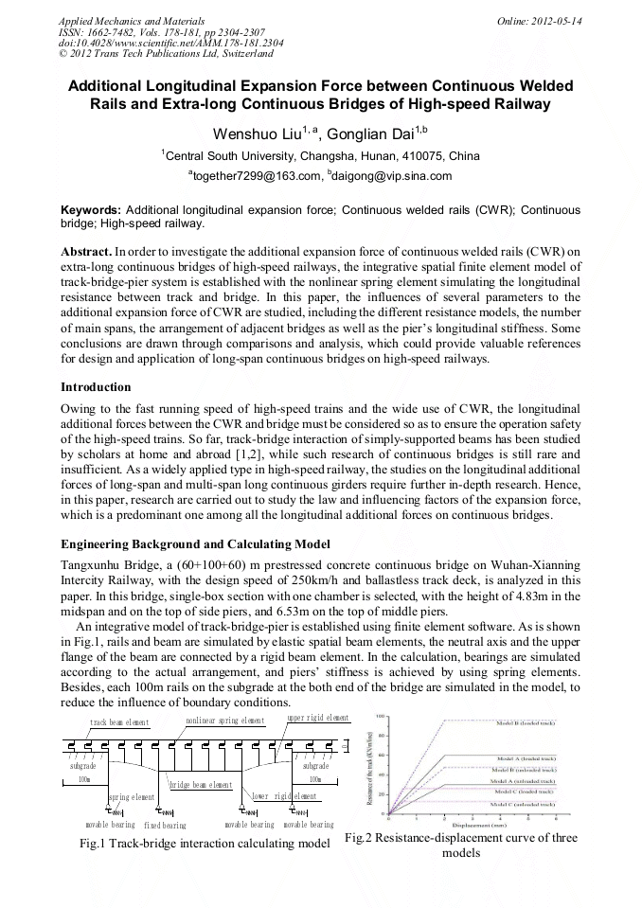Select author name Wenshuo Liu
(x=252, y=134)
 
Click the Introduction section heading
(x=96, y=387)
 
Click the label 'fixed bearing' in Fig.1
(x=165, y=825)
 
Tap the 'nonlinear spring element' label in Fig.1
(x=224, y=721)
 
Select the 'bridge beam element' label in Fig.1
(x=201, y=785)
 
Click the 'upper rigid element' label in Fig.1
(x=317, y=719)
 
